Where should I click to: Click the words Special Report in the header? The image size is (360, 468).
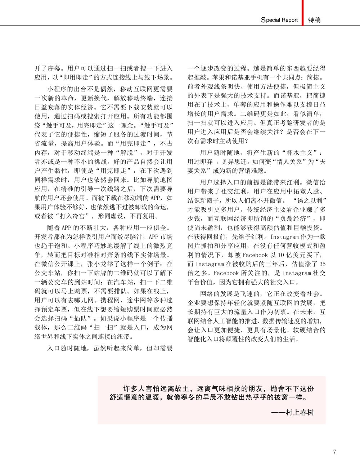click(x=279, y=20)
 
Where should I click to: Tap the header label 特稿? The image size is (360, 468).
click(x=314, y=20)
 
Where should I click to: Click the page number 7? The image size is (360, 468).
click(x=334, y=452)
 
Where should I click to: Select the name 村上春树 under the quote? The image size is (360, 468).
click(x=300, y=412)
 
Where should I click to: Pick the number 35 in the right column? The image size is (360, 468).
click(x=322, y=264)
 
